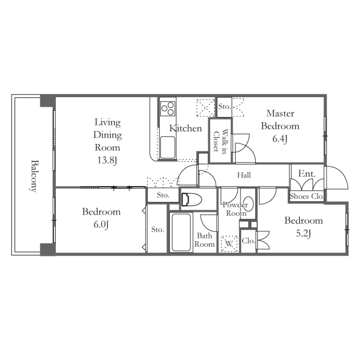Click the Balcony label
coord(34,176)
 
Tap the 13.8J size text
coord(107,160)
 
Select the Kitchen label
coord(185,128)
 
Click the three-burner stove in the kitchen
coord(168,108)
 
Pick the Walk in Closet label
coord(220,140)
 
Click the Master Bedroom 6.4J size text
coord(280,139)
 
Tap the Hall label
coord(244,175)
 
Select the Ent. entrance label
coord(307,174)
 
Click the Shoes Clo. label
coord(307,196)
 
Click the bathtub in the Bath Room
coord(181,232)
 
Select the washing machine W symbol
coord(229,243)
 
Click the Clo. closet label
coord(248,241)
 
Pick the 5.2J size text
coord(303,234)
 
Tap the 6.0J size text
coord(101,224)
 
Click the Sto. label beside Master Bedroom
coord(224,107)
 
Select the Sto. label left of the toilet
coord(163,195)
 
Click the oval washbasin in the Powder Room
coord(248,203)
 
